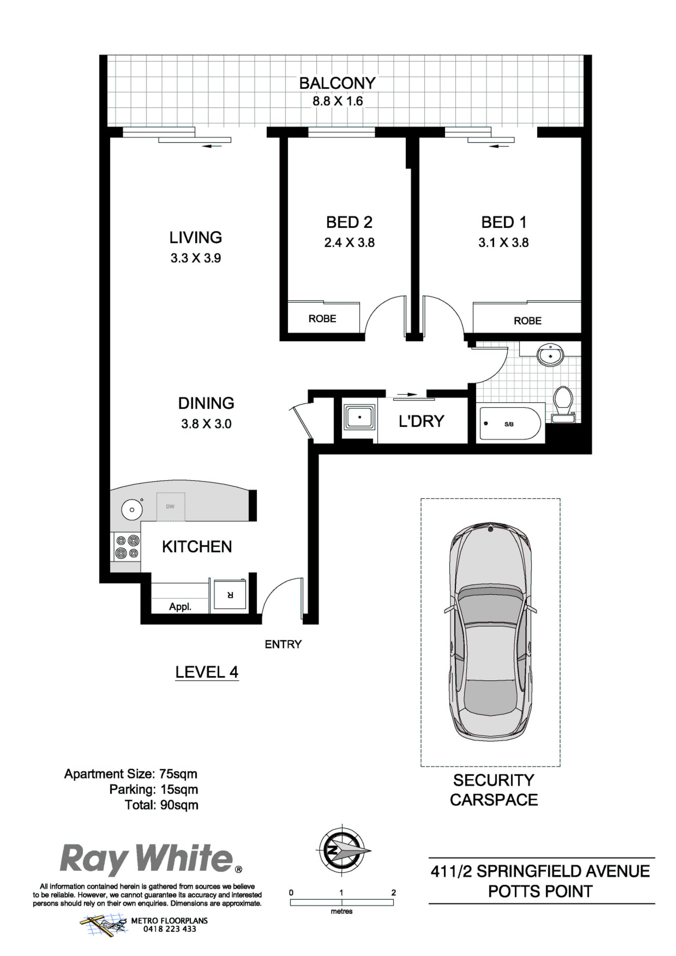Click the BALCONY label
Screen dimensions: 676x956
tap(337, 83)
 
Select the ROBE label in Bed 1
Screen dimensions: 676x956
tap(528, 321)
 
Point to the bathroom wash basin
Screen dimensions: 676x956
tap(550, 355)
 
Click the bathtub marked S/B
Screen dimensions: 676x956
tap(510, 424)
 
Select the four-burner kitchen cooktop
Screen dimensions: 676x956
tap(127, 547)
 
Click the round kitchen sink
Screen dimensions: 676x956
tap(132, 509)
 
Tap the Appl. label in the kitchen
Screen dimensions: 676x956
tap(180, 607)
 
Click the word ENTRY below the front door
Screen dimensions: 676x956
tap(283, 644)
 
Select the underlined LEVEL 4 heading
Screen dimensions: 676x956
tap(207, 672)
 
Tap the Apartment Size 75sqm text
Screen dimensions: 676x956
tap(131, 774)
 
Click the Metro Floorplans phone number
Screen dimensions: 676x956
tap(169, 929)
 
